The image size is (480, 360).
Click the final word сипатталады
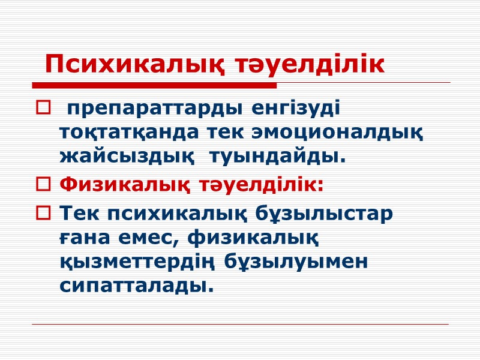[x=137, y=286]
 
